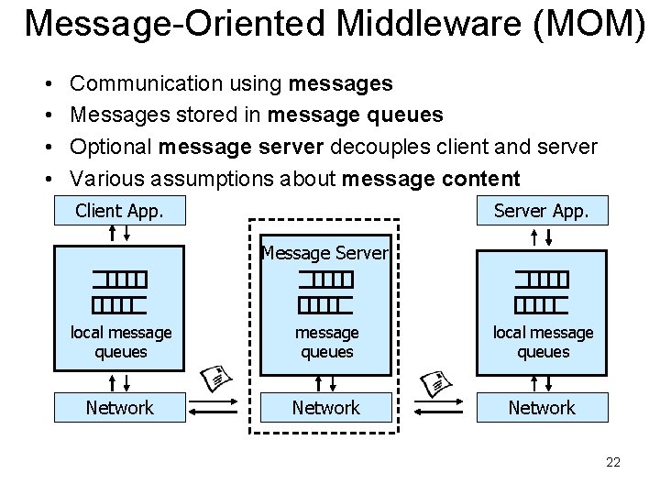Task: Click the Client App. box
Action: pyautogui.click(x=120, y=211)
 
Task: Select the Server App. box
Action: pyautogui.click(x=541, y=211)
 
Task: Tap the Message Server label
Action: pyautogui.click(x=325, y=252)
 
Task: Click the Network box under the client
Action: pyautogui.click(x=120, y=407)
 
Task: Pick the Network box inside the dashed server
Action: pyautogui.click(x=325, y=407)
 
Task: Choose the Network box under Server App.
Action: pyautogui.click(x=541, y=407)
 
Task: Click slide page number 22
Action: pyautogui.click(x=613, y=462)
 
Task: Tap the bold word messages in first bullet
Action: pyautogui.click(x=341, y=84)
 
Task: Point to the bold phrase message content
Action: pyautogui.click(x=431, y=178)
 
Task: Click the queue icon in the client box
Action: pyautogui.click(x=120, y=291)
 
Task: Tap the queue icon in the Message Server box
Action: pyautogui.click(x=325, y=291)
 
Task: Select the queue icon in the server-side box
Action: pyautogui.click(x=541, y=291)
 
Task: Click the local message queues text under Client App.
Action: pyautogui.click(x=120, y=342)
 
